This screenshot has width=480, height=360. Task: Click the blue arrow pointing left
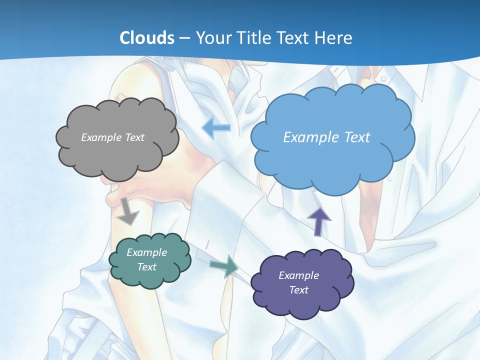(x=216, y=128)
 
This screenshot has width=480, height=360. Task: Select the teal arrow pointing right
(x=224, y=266)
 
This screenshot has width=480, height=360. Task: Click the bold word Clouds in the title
(x=147, y=38)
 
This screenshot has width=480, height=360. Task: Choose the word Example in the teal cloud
(x=147, y=252)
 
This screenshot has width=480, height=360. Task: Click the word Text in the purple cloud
(x=298, y=290)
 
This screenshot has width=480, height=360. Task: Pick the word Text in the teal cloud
(x=147, y=267)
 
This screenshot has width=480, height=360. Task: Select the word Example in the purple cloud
(x=298, y=275)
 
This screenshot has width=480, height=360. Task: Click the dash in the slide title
(x=184, y=38)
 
